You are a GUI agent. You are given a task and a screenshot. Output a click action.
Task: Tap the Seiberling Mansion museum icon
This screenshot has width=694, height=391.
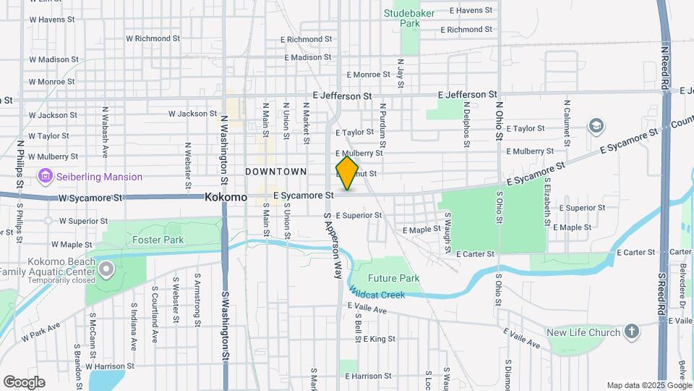point(46,176)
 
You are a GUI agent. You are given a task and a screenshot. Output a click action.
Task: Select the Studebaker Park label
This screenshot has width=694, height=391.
point(411,18)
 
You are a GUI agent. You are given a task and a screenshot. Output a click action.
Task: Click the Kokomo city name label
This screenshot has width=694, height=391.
point(226,197)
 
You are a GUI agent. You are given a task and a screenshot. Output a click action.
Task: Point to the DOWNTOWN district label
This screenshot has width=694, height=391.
point(275,172)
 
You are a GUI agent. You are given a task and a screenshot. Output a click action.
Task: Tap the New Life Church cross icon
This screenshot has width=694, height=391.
point(632,332)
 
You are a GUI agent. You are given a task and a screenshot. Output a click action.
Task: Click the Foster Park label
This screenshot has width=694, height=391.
point(158,240)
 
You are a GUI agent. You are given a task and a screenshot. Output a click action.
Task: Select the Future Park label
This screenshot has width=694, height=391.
point(393,278)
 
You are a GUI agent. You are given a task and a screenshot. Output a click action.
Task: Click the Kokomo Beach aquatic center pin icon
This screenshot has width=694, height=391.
point(106,271)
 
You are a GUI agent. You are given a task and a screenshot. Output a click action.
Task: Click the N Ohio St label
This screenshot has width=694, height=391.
point(499,119)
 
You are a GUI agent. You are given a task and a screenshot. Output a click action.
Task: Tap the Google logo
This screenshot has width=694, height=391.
point(24,382)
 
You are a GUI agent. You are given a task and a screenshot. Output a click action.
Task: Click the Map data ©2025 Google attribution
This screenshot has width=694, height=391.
point(648,385)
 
